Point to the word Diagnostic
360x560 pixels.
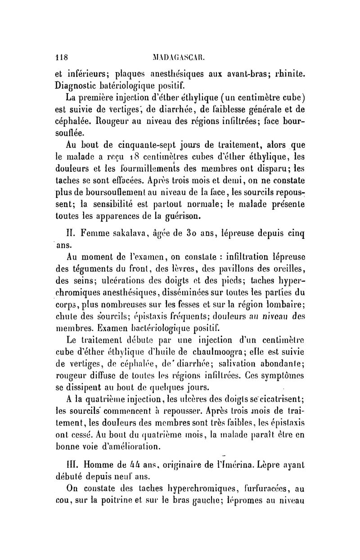pos(76,85)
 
